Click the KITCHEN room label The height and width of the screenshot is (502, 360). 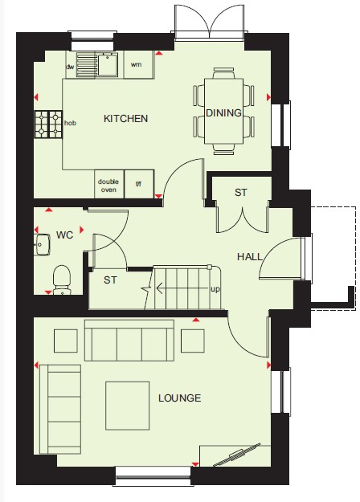125,119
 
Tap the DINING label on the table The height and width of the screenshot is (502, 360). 223,112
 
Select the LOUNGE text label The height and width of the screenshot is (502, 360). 180,398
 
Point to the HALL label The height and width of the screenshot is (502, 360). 250,256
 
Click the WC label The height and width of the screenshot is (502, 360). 65,235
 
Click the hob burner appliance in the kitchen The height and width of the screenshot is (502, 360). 48,124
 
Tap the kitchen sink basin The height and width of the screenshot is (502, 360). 108,65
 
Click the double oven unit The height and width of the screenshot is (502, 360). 109,184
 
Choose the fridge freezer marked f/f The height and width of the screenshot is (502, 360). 139,184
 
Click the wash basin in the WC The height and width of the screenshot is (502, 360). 43,245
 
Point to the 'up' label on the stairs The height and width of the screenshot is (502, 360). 215,289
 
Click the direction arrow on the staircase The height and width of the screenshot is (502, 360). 182,288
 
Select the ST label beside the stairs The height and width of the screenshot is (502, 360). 110,280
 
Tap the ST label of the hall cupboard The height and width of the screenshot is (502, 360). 241,193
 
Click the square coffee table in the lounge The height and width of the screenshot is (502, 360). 128,406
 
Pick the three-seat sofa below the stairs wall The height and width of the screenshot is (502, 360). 129,340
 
